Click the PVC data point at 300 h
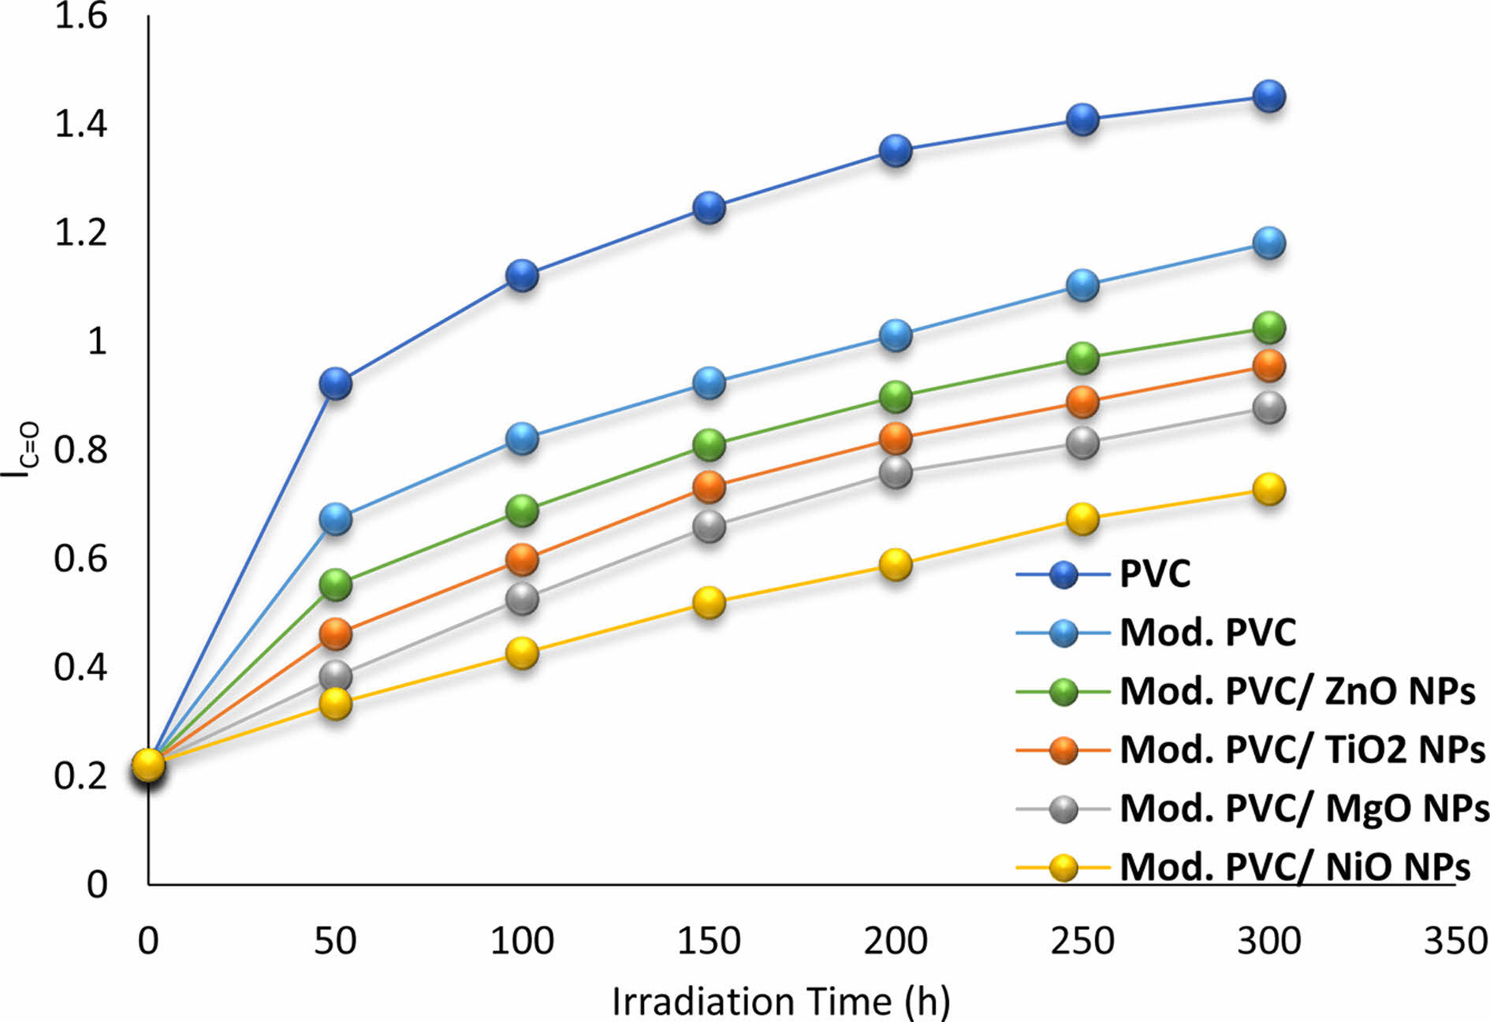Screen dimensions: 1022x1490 pos(1268,97)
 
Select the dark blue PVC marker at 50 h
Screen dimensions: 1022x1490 pos(335,384)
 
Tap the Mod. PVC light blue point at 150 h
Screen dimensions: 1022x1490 pos(709,383)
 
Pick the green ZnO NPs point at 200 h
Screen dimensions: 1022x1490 pos(896,396)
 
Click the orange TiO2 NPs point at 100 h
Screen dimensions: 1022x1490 pos(522,559)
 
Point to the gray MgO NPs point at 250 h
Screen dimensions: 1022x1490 pos(1082,443)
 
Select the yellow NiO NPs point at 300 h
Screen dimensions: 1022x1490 pos(1268,489)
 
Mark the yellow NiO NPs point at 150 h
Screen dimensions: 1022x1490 pos(709,603)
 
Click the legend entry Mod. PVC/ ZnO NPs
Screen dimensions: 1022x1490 pos(1297,691)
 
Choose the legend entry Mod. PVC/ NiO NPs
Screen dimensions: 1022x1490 pos(1294,867)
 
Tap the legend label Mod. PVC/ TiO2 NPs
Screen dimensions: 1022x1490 pos(1302,749)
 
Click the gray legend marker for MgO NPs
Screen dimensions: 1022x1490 pos(1064,809)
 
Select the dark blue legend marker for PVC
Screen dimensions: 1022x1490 pos(1064,574)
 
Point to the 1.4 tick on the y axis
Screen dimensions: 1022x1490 pos(80,124)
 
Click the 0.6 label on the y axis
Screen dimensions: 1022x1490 pos(80,559)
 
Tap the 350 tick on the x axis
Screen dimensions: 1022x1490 pos(1455,941)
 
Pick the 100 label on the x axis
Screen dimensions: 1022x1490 pos(522,941)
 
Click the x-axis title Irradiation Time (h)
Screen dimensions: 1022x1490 pos(780,1002)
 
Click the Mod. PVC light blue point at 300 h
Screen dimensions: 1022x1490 pos(1268,243)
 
